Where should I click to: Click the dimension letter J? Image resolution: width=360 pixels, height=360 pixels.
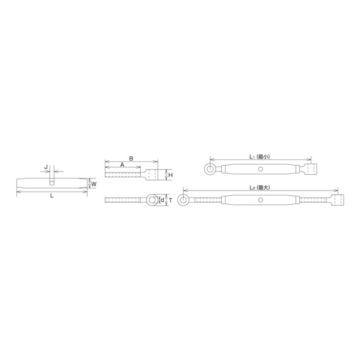[46, 167]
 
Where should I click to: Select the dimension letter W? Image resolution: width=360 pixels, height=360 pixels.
[94, 184]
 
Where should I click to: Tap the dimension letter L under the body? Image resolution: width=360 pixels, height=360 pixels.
[52, 195]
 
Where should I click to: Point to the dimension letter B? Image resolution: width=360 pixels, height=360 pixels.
[131, 158]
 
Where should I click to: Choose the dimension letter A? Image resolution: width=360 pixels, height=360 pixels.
[122, 165]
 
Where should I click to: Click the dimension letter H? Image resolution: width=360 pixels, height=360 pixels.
[170, 175]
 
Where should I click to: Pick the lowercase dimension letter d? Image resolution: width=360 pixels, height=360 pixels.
[163, 200]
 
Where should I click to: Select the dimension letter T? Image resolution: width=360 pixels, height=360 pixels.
[170, 201]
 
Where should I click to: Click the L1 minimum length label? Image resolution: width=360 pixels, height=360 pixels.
[260, 157]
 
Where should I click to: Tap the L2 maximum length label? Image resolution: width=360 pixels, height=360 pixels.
[260, 187]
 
